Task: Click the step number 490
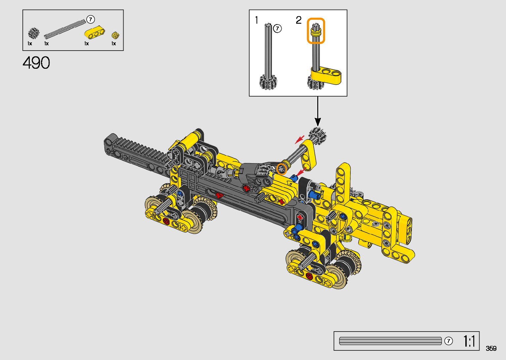tap(36, 62)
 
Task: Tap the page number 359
tap(491, 348)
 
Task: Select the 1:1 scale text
tap(469, 341)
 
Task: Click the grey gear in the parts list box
tap(34, 33)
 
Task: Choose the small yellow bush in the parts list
tap(115, 35)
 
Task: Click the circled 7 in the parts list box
tap(91, 20)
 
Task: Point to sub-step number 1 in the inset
tap(256, 20)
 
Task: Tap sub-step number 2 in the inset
tap(299, 20)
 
